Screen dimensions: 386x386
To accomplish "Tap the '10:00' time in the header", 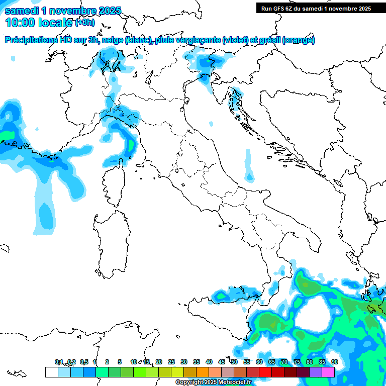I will click(19, 22).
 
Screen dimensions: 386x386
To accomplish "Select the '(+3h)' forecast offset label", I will click(84, 22).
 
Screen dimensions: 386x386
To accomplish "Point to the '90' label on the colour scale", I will click(334, 362).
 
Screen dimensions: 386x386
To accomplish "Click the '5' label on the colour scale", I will click(120, 362).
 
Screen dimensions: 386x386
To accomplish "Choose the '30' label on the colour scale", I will click(183, 362).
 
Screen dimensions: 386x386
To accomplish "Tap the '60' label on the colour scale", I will click(259, 362).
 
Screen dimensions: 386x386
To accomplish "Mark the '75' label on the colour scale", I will click(297, 362).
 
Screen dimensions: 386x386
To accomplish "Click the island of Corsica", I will click(114, 183).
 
